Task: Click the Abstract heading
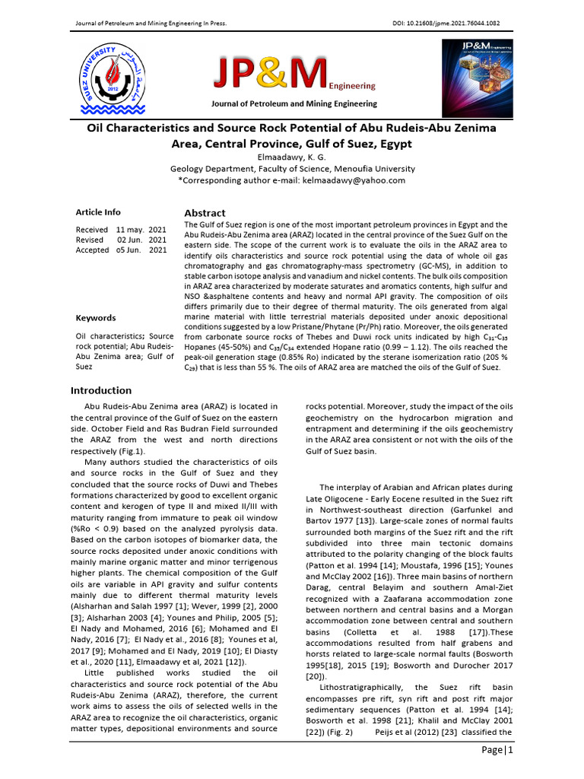[x=205, y=213]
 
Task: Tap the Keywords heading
[x=96, y=318]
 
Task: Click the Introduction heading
[x=101, y=390]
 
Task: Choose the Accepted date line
[x=121, y=250]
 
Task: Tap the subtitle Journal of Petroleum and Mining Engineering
[x=292, y=103]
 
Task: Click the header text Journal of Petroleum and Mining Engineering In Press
[x=150, y=23]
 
